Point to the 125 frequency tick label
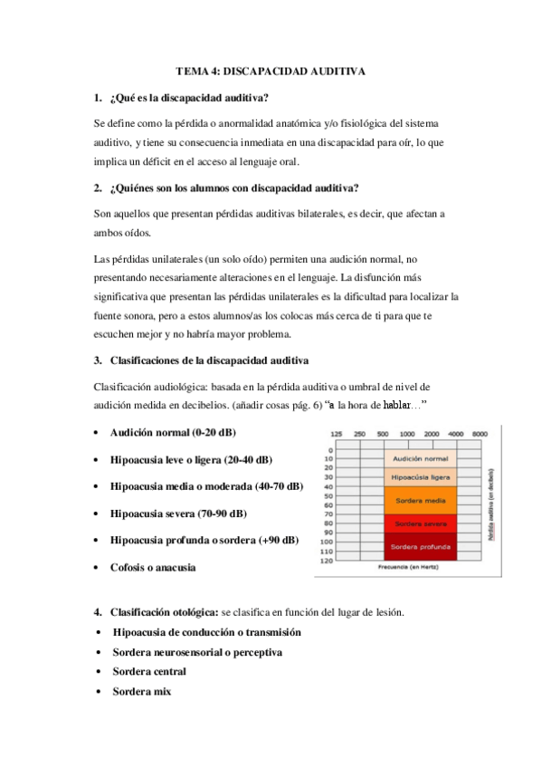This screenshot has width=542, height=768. click(337, 433)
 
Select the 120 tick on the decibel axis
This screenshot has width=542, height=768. click(326, 561)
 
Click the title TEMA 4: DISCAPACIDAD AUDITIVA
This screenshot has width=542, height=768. click(271, 71)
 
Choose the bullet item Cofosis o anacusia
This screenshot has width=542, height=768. click(153, 567)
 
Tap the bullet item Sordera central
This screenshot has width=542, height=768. click(149, 671)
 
